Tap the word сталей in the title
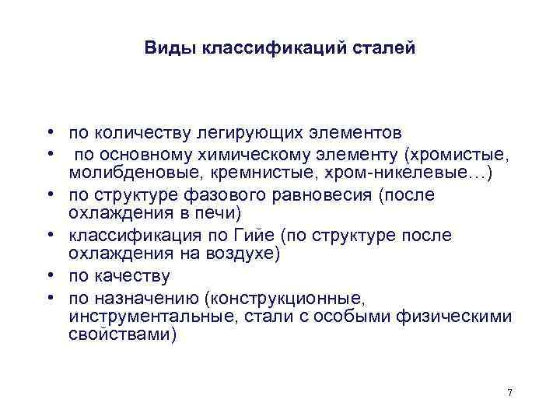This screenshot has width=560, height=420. (387, 48)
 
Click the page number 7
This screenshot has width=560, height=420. (509, 392)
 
